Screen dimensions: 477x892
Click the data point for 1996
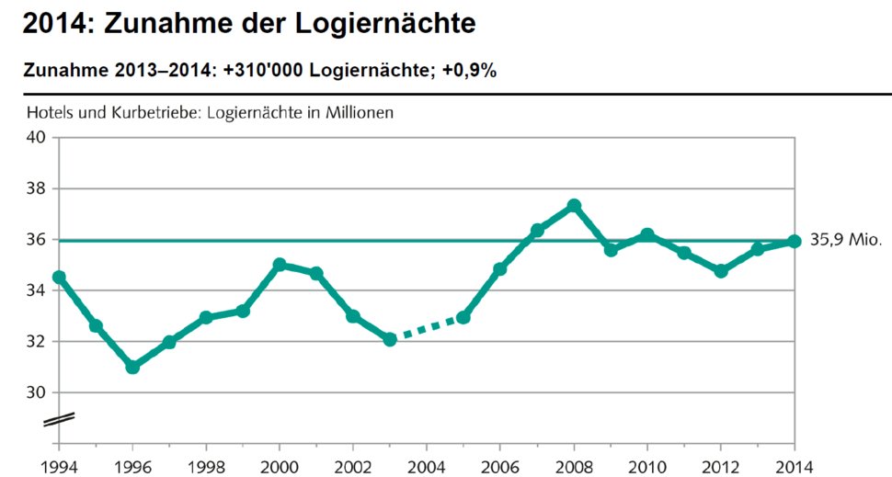coord(132,367)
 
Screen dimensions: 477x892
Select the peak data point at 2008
coord(575,205)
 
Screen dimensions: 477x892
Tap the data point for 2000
coord(280,265)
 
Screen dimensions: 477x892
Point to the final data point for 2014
coord(795,241)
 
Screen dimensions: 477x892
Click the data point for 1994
coord(59,277)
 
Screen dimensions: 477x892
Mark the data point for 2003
coord(390,339)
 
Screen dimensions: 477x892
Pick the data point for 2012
coord(722,271)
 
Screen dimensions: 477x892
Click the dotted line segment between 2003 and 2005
coord(427,328)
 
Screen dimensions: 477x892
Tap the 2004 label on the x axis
coord(427,466)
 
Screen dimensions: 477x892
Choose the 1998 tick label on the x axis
coord(206,466)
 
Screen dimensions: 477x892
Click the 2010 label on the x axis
coord(647,466)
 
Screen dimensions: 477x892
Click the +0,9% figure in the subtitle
coord(469,71)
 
